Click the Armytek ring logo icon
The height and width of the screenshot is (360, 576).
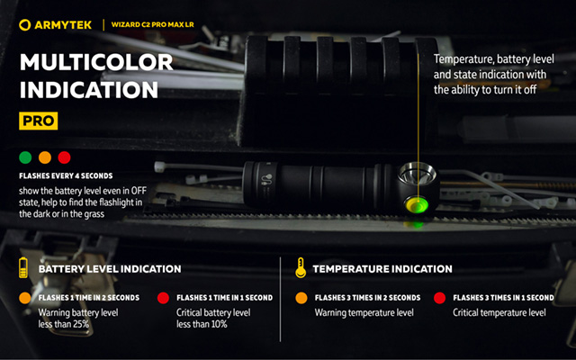pos(24,25)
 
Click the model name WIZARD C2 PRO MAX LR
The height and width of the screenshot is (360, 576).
pos(152,25)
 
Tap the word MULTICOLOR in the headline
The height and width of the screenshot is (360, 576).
pos(96,62)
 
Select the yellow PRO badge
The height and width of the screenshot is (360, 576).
pos(38,121)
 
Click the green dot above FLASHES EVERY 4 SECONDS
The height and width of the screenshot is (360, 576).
pos(25,157)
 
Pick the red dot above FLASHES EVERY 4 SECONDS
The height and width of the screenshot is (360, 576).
pos(64,157)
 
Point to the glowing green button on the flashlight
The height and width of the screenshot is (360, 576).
pos(416,204)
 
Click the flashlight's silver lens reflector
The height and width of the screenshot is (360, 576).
pos(418,174)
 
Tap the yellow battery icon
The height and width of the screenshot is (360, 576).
pos(23,268)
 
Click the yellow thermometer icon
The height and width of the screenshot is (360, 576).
pos(301,268)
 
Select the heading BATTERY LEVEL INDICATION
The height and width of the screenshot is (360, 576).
pos(110,269)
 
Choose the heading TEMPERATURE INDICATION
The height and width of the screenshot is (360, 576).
pos(382,269)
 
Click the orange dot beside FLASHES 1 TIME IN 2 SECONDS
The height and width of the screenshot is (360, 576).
pos(25,298)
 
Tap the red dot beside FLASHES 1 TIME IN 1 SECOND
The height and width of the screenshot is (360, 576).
pos(163,298)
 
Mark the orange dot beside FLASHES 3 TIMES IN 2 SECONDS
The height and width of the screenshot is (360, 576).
pos(301,298)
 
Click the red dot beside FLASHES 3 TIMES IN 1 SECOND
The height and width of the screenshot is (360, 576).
pos(439,298)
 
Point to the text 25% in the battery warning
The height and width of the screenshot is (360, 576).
pos(80,324)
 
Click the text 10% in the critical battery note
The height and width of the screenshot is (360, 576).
pos(219,324)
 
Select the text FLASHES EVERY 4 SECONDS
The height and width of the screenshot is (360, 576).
pos(66,176)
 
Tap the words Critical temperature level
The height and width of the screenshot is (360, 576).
pos(499,312)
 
